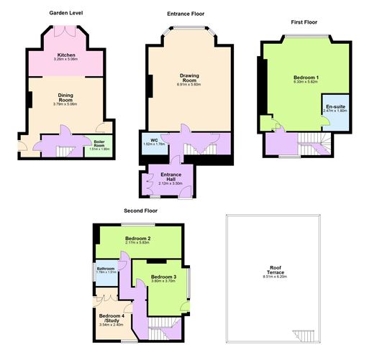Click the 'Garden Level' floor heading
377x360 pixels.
(x=68, y=13)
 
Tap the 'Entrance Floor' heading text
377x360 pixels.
(x=186, y=14)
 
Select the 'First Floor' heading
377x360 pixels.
(x=305, y=22)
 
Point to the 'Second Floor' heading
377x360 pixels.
(x=140, y=211)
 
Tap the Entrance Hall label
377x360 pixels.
(x=171, y=177)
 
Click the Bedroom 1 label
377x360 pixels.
(x=306, y=77)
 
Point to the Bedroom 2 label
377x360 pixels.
(x=137, y=239)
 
